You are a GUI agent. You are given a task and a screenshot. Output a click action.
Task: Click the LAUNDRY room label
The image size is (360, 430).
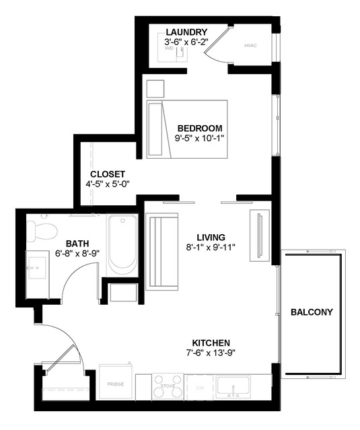point(186,32)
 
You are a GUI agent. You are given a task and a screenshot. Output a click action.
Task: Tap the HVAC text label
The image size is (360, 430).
point(251,46)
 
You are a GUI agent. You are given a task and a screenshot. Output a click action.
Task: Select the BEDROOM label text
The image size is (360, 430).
point(200,128)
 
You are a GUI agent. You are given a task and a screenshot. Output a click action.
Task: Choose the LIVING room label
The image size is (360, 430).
point(211,237)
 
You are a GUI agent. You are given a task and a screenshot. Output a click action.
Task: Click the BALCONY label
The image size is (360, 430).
point(312,312)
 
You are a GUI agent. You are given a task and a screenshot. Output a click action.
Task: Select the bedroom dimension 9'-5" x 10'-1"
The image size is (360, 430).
point(200,138)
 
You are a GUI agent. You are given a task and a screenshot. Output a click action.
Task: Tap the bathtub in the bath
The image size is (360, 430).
point(122,243)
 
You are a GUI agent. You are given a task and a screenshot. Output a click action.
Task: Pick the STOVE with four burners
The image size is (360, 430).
point(168,386)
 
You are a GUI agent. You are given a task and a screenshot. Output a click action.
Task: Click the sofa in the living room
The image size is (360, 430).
point(161,251)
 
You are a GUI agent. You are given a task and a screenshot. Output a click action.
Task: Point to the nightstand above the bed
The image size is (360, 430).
point(155,89)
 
